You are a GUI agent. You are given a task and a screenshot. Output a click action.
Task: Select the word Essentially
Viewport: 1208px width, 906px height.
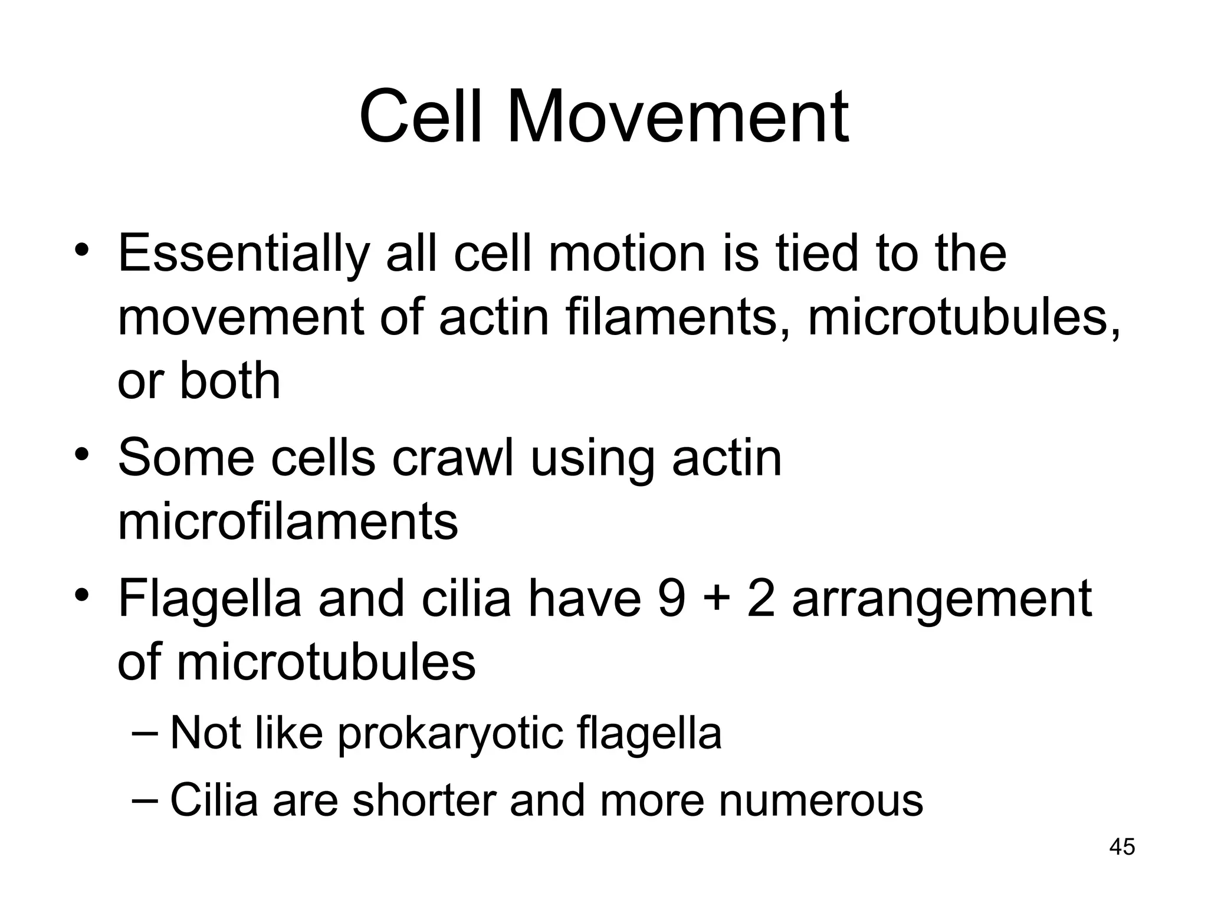244,254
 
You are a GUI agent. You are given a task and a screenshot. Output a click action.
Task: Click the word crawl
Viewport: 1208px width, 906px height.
454,458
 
